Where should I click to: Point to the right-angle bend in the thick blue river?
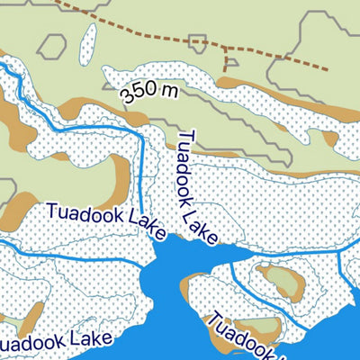click(142, 132)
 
